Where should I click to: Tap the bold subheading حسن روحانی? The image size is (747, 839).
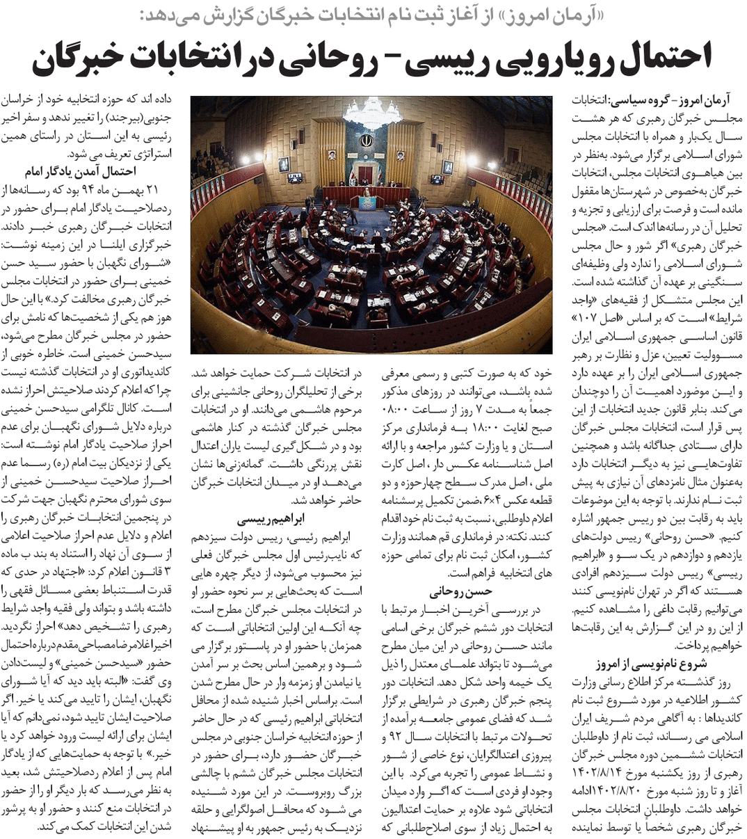[x=460, y=592]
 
